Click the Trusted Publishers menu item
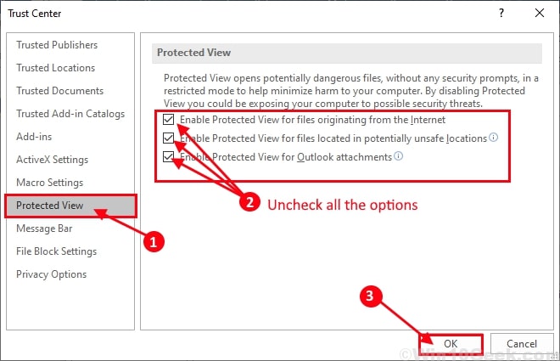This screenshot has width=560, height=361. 57,45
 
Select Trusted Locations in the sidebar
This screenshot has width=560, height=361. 55,68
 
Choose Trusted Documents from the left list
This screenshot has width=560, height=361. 59,91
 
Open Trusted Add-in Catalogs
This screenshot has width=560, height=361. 70,114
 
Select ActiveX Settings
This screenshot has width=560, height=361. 52,160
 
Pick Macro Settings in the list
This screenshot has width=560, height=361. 50,183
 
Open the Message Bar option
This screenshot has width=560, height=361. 45,228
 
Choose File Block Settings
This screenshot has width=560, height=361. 56,251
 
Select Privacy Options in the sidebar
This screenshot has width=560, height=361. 51,274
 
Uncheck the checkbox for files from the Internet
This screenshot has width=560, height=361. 169,120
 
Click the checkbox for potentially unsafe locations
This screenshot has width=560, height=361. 169,138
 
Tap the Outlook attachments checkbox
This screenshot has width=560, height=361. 169,156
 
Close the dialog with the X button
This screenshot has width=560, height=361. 540,13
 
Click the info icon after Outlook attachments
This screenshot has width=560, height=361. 399,156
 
